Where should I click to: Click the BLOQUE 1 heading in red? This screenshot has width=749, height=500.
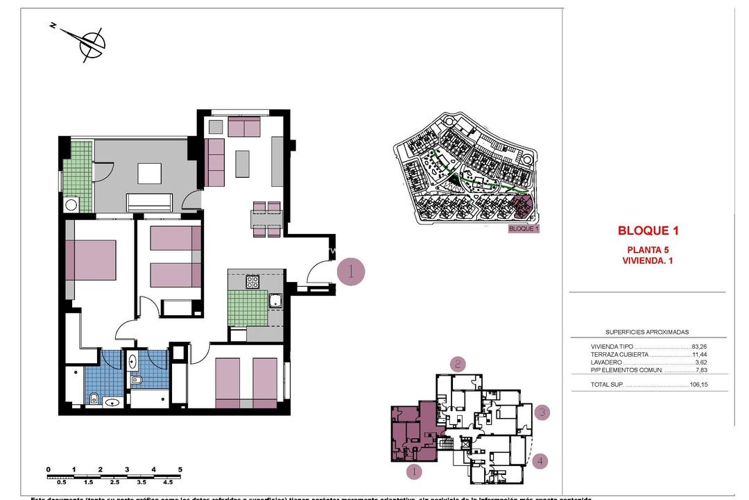click(648, 231)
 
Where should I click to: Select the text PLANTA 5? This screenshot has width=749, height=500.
click(648, 250)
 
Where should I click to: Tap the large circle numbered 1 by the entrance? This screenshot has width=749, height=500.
click(351, 272)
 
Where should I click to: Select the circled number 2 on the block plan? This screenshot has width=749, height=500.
click(457, 363)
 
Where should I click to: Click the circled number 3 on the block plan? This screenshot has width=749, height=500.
click(543, 412)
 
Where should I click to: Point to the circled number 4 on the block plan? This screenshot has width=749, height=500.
click(542, 460)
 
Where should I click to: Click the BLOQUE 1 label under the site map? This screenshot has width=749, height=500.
click(524, 228)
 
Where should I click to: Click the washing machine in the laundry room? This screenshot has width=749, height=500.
click(71, 204)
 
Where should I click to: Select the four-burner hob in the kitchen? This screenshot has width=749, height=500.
click(252, 282)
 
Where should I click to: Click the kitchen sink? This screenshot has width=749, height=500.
click(275, 300)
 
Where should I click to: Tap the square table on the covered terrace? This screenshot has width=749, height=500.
click(149, 173)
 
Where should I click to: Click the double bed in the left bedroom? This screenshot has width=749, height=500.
click(92, 260)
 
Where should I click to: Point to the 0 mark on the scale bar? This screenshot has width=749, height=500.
click(49, 470)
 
